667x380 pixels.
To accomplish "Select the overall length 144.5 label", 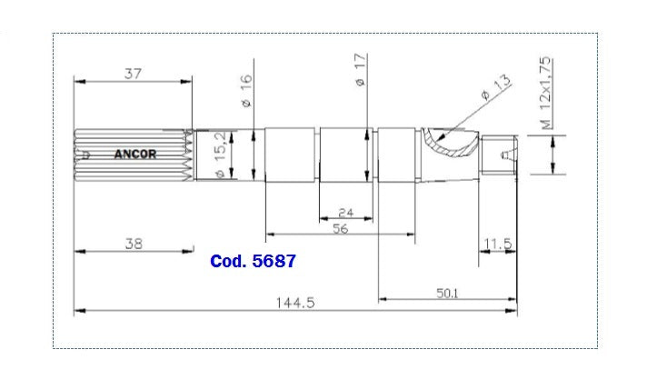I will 296,304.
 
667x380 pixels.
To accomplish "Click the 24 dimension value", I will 345,213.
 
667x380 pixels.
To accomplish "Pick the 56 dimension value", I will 340,230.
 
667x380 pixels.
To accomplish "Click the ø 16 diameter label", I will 246,92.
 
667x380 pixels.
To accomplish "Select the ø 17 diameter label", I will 360,70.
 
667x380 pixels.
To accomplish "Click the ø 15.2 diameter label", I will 218,155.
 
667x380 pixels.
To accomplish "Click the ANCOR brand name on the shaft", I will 135,155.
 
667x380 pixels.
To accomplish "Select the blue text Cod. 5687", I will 253,262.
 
